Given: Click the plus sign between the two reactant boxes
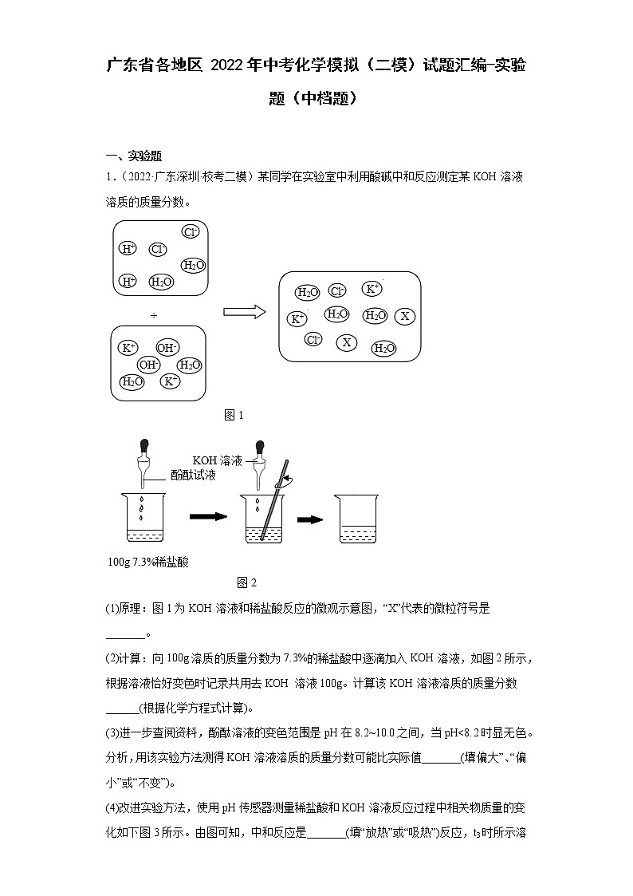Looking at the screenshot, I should click(x=154, y=316).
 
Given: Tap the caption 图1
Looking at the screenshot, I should click(x=234, y=415).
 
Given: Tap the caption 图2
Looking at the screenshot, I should click(x=246, y=582).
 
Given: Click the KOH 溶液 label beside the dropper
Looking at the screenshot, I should click(x=220, y=460).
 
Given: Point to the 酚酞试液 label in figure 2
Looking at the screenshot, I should click(x=193, y=475).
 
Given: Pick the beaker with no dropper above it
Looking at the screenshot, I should click(x=356, y=519).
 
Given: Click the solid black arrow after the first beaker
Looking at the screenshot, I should click(x=208, y=517).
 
